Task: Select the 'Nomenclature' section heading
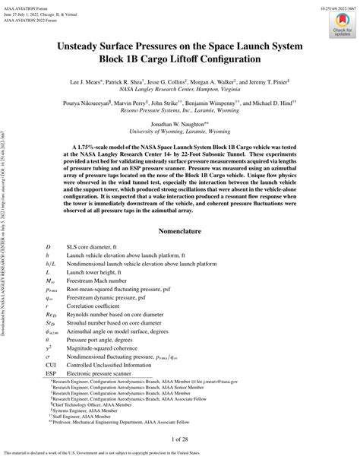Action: click(179, 231)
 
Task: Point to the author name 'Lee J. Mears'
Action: click(90, 78)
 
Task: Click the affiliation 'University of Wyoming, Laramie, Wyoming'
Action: click(179, 131)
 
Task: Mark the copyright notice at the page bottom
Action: click(180, 459)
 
